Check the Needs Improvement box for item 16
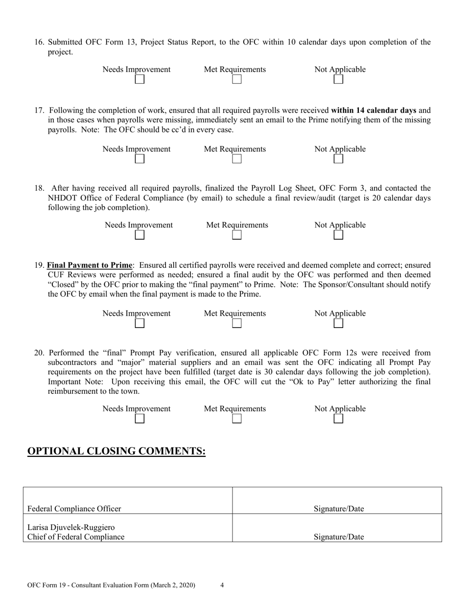coord(139,79)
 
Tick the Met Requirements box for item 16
coord(237,79)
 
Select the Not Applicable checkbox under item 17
coord(338,159)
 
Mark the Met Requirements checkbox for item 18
coord(237,235)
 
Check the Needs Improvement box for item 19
coord(139,323)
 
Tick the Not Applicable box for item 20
coord(338,419)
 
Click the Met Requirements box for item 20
coord(237,419)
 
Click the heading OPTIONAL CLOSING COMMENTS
coord(116,451)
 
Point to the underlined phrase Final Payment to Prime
coord(90,265)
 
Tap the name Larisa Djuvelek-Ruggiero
coord(71,528)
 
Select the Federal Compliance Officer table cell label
coord(74,509)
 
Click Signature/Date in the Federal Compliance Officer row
coord(338,509)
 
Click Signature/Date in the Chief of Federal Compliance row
coord(338,537)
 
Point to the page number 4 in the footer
coord(222,585)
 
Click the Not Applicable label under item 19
coord(340,313)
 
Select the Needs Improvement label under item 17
coord(137,149)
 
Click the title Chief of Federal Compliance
coord(76,537)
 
